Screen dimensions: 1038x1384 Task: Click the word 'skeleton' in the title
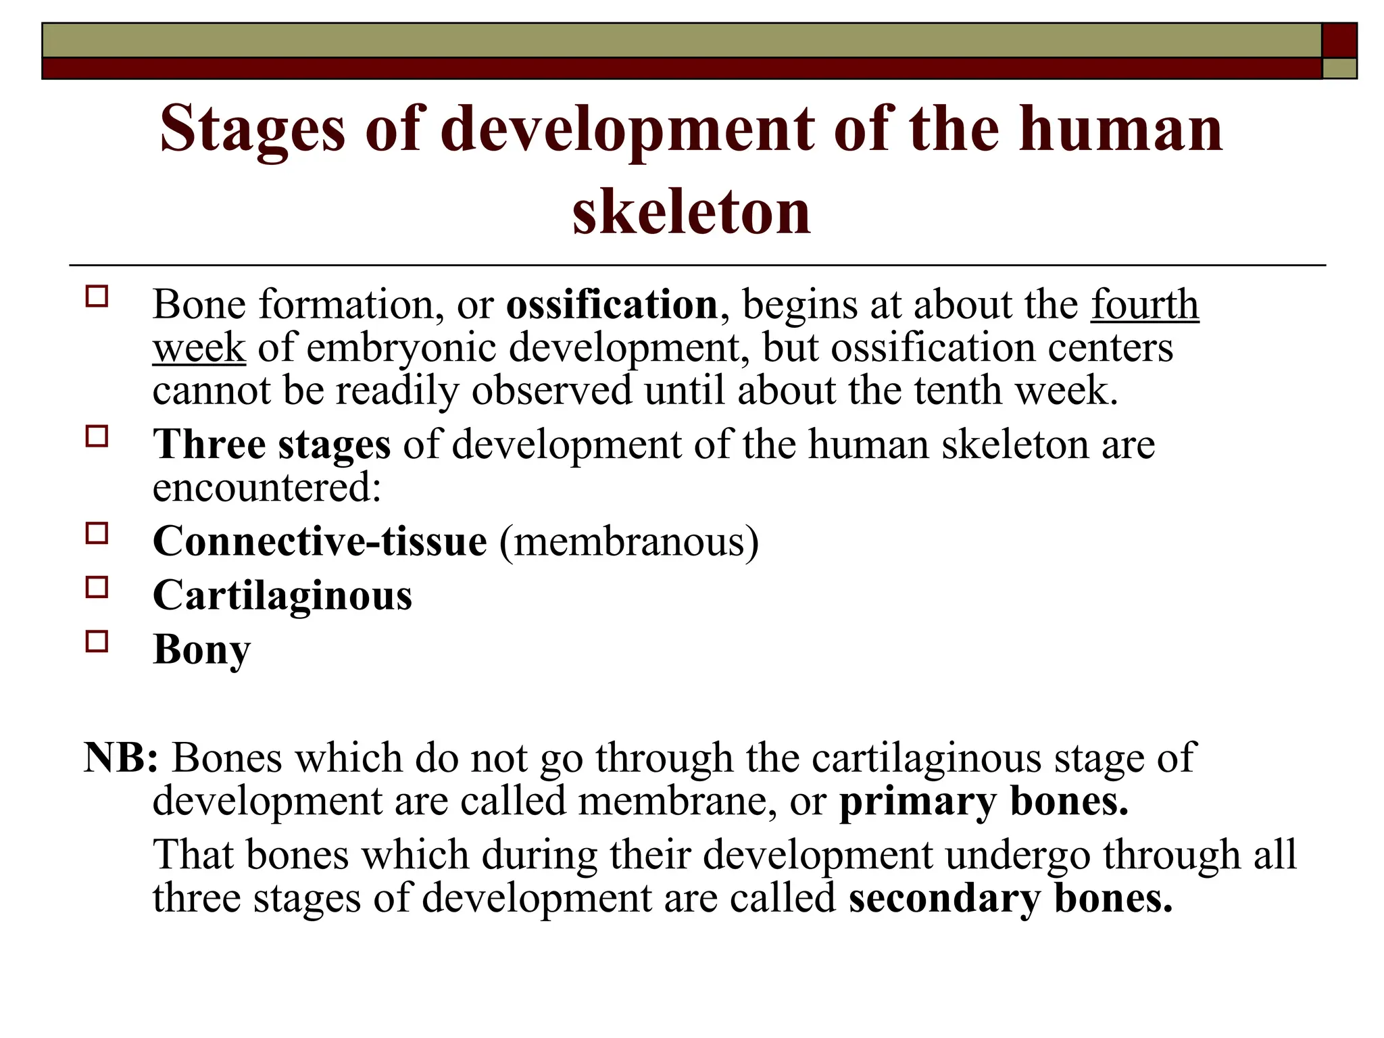[x=691, y=212]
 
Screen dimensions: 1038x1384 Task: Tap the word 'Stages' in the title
[x=253, y=130]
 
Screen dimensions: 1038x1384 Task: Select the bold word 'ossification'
[x=612, y=305]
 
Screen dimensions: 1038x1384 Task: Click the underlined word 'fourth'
[x=1145, y=305]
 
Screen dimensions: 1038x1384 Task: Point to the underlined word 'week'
[x=199, y=348]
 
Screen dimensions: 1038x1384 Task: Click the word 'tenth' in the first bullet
[x=958, y=391]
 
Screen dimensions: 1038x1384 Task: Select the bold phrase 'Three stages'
[x=272, y=445]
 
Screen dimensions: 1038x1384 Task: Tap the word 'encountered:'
[x=267, y=487]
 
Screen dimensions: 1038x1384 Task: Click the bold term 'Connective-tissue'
[x=320, y=541]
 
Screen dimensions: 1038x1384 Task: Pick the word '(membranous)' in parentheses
[x=629, y=541]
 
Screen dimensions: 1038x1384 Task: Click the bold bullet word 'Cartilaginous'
[x=282, y=595]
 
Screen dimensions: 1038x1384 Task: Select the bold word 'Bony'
[x=201, y=649]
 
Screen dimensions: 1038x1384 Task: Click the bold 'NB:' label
[x=121, y=758]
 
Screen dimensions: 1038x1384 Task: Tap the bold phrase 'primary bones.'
[x=984, y=801]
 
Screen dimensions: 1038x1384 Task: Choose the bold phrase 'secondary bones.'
[x=1010, y=899]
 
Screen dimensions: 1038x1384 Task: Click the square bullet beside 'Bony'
[x=97, y=641]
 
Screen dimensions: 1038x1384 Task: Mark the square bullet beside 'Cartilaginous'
[x=97, y=587]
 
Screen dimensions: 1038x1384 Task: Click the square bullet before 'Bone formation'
[x=97, y=297]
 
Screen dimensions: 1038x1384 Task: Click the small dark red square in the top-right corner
[x=1339, y=41]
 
